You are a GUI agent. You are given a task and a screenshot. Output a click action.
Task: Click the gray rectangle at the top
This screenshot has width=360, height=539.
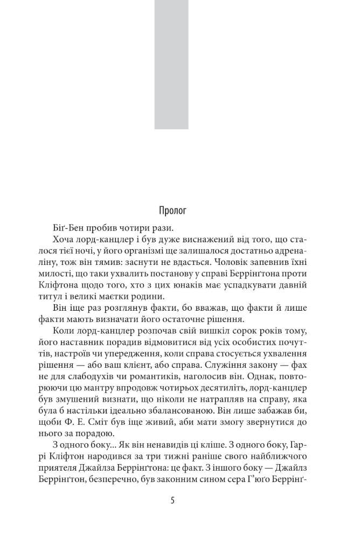(172, 65)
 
